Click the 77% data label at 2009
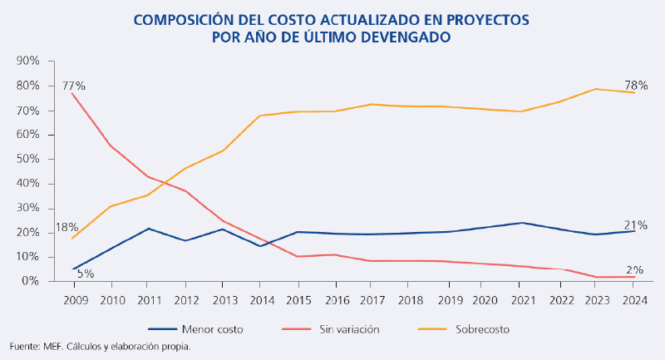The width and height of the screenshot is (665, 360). click(73, 86)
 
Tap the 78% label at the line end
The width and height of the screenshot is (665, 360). click(638, 85)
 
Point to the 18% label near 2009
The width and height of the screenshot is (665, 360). click(67, 227)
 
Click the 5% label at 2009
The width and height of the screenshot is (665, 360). click(86, 274)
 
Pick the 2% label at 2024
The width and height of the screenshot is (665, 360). click(634, 269)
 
